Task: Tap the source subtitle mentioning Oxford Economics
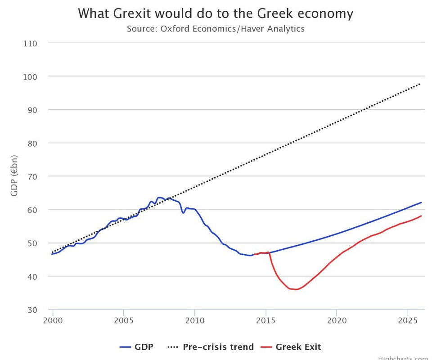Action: point(216,29)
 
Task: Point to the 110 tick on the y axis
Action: point(30,43)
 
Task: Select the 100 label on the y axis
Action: point(30,76)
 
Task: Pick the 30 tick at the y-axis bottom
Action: point(32,310)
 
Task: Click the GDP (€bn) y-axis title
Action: point(14,176)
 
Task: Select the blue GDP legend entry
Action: point(137,347)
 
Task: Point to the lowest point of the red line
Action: point(296,289)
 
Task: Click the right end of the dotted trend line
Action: point(421,83)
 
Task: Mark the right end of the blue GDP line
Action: point(421,202)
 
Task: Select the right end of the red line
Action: point(421,216)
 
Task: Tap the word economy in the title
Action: point(322,13)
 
